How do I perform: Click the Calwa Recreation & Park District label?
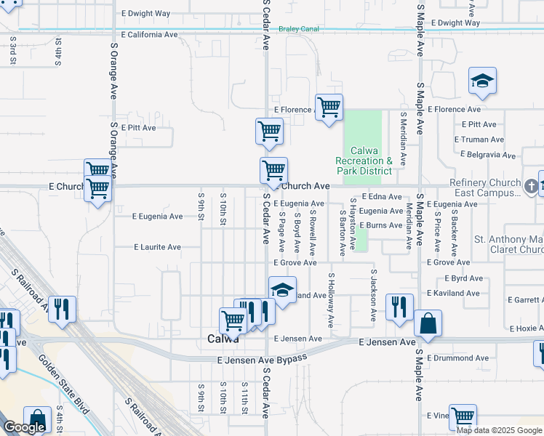point(364,161)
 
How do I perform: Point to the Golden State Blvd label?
point(63,385)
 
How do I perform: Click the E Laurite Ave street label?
point(157,247)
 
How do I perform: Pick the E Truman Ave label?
point(479,140)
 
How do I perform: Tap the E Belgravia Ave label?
point(489,155)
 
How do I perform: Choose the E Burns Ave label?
point(376,225)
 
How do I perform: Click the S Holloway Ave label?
point(330,299)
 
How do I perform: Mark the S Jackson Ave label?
point(373,296)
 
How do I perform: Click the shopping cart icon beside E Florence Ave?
point(329,108)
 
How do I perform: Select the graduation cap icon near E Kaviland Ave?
point(282,290)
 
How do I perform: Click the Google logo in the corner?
point(24,427)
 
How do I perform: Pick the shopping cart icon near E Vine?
point(463,417)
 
